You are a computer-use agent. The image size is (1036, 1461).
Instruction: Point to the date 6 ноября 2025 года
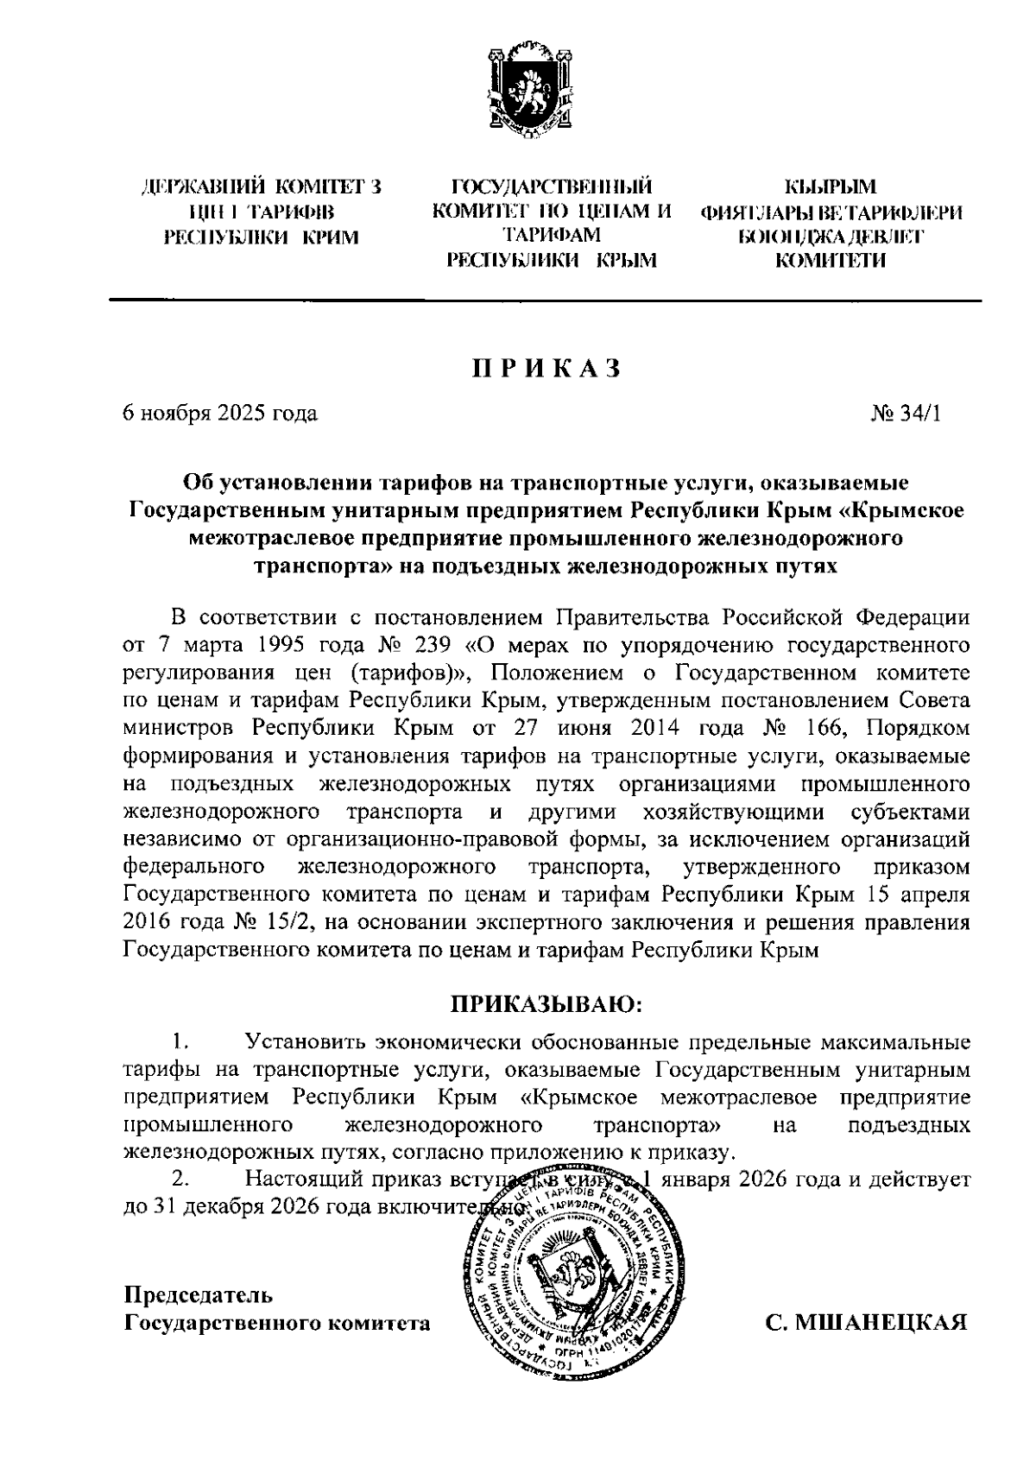220,414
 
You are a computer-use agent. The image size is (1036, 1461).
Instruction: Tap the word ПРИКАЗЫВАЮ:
546,1004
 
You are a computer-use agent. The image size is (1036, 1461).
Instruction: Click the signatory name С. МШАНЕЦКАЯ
867,1322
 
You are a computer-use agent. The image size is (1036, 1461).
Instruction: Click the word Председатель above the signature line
199,1295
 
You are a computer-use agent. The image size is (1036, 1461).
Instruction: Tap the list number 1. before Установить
180,1041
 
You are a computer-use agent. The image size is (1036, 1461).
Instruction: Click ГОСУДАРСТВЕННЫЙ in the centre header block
552,187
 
